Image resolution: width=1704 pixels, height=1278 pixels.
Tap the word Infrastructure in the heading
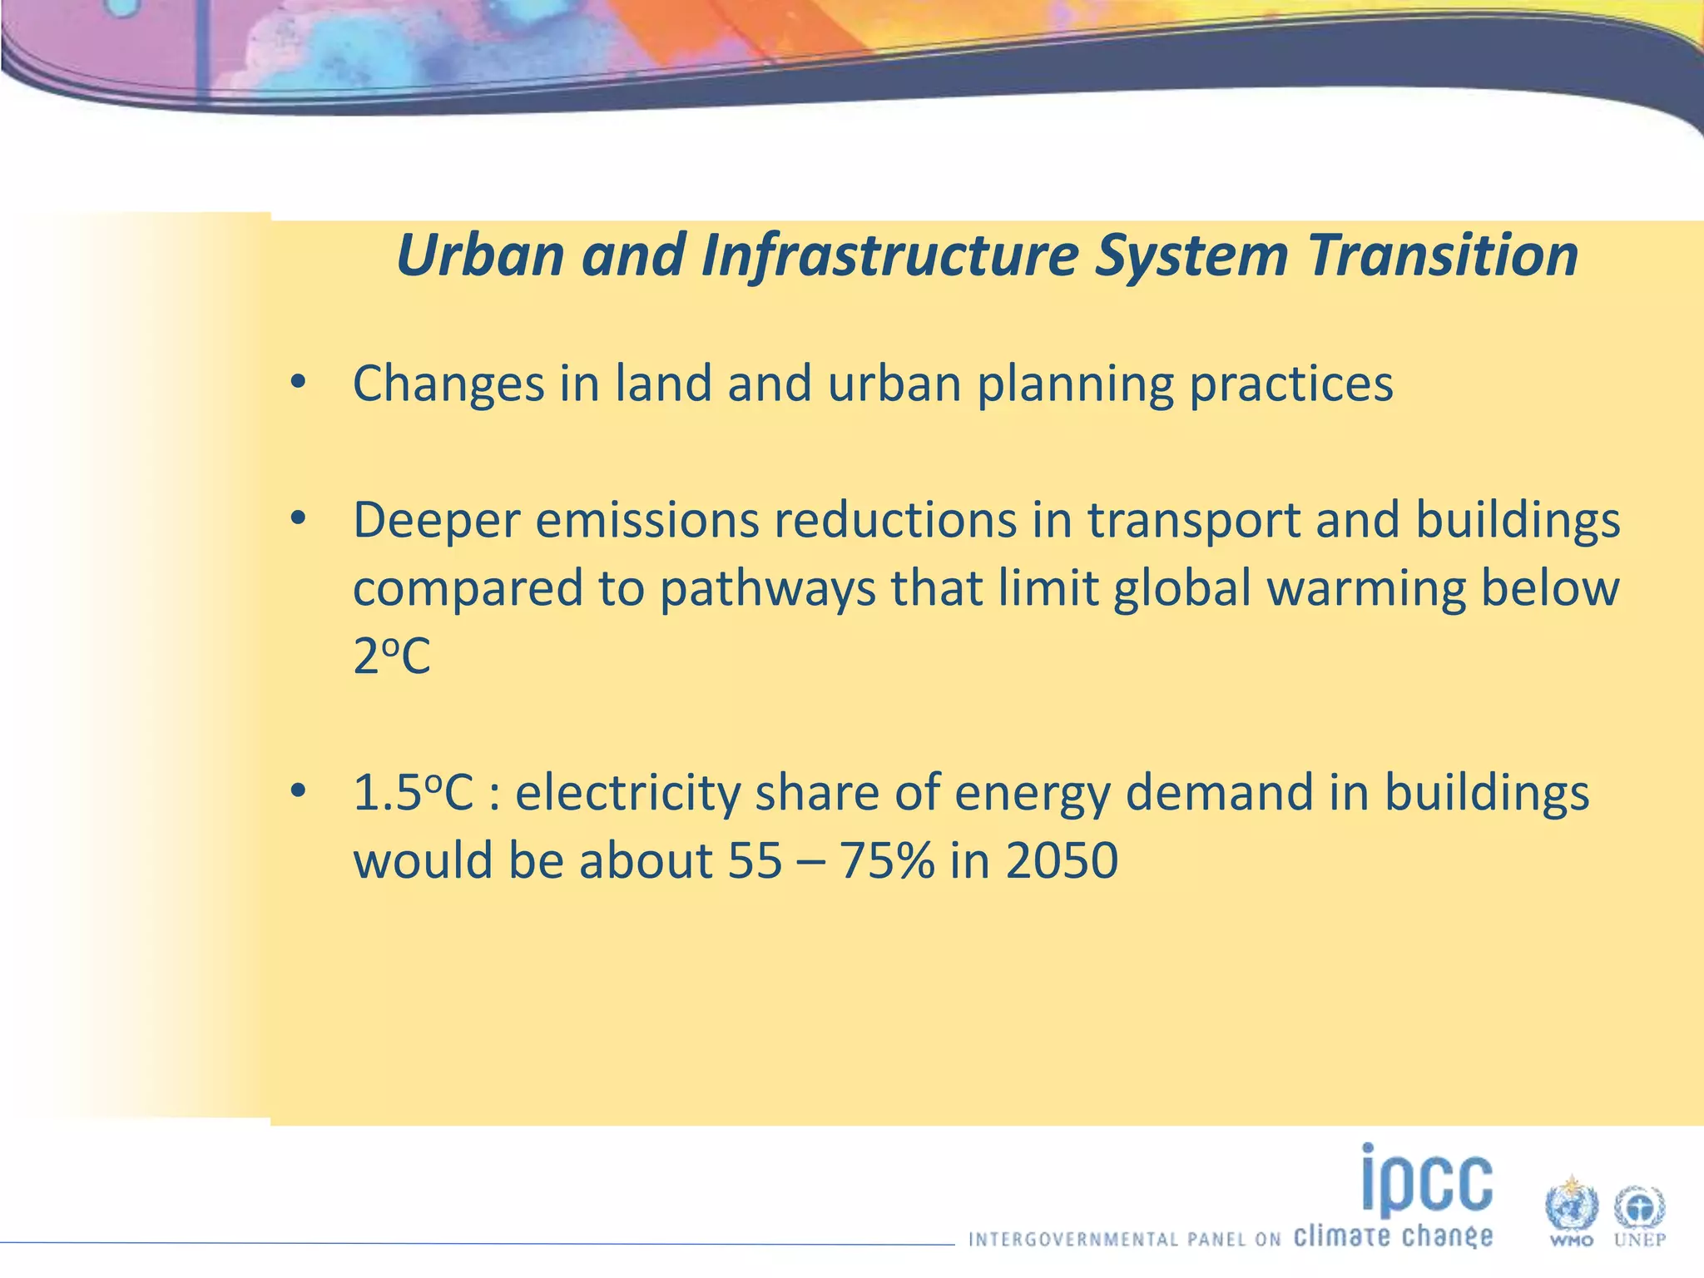(889, 256)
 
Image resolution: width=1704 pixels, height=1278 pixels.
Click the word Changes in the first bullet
(448, 384)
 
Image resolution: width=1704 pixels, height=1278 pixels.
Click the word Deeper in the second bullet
(436, 521)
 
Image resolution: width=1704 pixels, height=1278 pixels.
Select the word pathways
(767, 589)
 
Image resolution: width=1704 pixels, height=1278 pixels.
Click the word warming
(1365, 589)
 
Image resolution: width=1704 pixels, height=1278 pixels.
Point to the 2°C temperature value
(392, 657)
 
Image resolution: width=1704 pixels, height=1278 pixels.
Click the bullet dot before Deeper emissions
(298, 520)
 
